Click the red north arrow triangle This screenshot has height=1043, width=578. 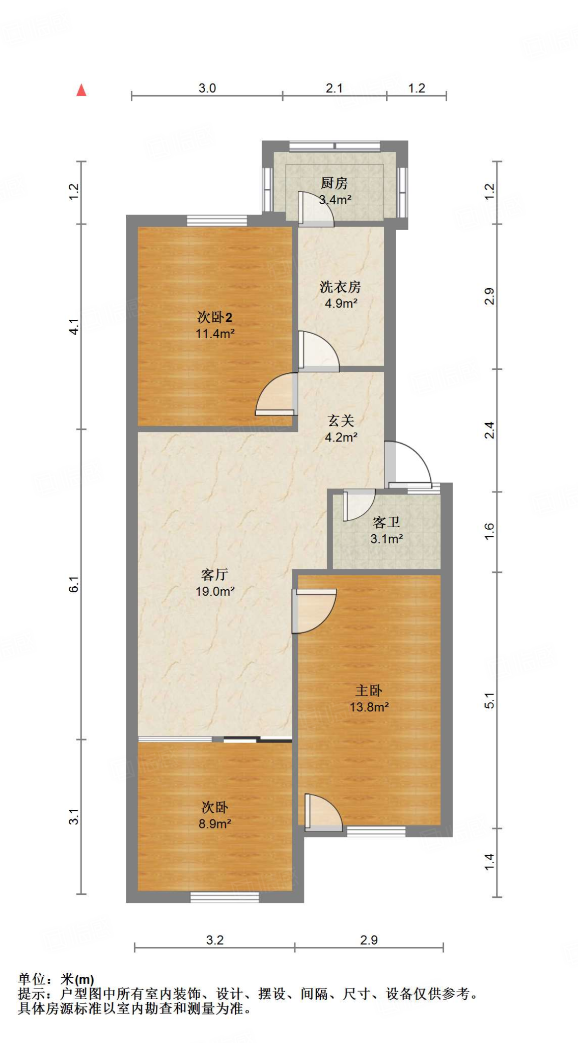click(x=81, y=91)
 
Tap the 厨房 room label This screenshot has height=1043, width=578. click(x=334, y=183)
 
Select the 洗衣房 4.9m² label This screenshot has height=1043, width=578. click(x=340, y=295)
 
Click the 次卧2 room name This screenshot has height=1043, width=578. click(x=214, y=318)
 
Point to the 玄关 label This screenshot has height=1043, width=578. click(x=341, y=421)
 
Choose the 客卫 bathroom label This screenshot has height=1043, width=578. click(x=386, y=523)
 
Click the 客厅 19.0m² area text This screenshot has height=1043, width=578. click(x=214, y=583)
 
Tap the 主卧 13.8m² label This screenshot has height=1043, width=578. click(x=369, y=699)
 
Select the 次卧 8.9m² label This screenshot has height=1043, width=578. click(x=214, y=815)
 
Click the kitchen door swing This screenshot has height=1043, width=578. click(x=316, y=209)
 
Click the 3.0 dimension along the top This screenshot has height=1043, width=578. click(x=207, y=88)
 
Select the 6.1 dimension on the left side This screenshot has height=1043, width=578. click(x=74, y=584)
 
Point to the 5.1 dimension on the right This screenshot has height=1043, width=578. click(x=489, y=701)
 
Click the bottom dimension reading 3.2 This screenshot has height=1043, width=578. click(x=214, y=940)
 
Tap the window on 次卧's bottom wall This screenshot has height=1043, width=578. click(x=225, y=897)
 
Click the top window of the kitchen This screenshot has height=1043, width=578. click(x=335, y=146)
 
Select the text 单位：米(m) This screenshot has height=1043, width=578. click(x=56, y=979)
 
